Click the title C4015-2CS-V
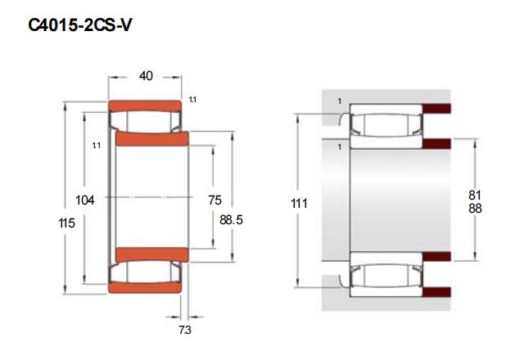[x=80, y=25]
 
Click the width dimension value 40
[x=146, y=76]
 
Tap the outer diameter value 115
[x=66, y=223]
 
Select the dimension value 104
[x=85, y=200]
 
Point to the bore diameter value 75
[x=215, y=200]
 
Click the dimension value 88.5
[x=231, y=220]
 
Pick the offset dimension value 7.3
[x=185, y=330]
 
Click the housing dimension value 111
[x=299, y=203]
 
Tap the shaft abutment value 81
[x=475, y=195]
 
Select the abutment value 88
[x=475, y=209]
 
